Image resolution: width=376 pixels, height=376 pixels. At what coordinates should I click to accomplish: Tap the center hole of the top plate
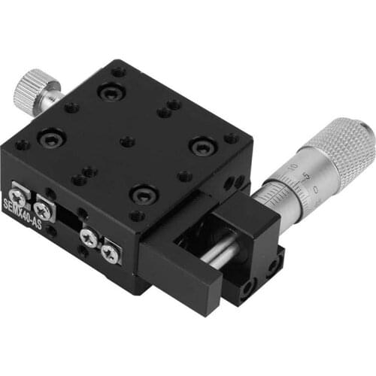(x=128, y=141)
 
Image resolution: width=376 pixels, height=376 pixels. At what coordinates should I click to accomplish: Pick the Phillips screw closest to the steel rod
(x=111, y=251)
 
